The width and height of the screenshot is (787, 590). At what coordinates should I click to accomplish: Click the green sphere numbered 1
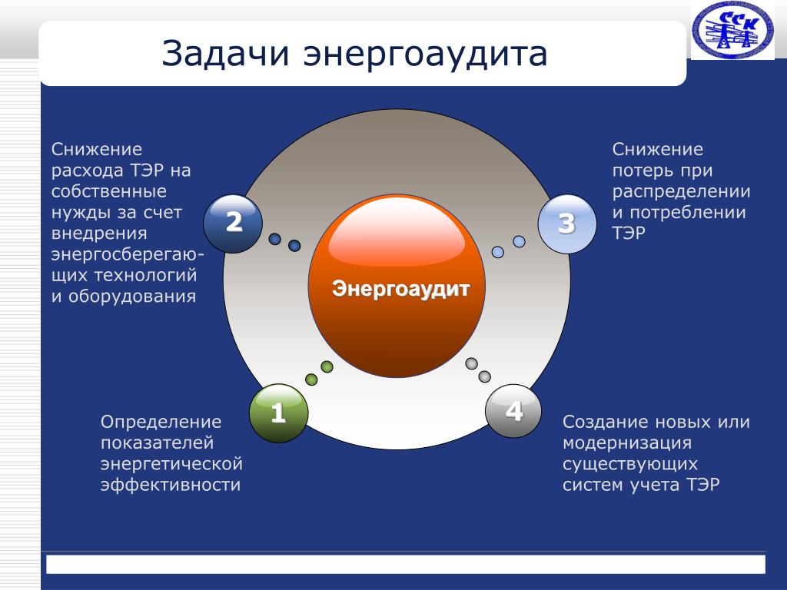pos(278,413)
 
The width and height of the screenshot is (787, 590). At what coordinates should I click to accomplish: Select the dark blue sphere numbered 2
pos(233,224)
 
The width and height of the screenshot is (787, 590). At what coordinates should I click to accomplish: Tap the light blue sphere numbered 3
pos(567,224)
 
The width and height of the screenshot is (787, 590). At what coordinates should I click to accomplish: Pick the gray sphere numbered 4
pos(513,411)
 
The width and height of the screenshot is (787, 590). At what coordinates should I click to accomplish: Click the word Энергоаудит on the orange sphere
pos(400,289)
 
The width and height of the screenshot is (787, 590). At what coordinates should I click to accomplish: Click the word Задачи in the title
pos(225,54)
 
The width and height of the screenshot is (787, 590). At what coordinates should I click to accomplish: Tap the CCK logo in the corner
pos(732,29)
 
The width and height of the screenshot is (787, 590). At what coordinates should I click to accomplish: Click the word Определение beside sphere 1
pos(161,422)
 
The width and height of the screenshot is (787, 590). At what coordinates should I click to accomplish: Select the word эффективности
pos(171,485)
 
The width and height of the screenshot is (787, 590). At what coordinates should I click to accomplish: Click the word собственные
pos(109,191)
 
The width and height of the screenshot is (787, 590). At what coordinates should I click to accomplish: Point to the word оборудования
pos(132,296)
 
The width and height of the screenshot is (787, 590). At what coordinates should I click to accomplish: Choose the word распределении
pos(681,191)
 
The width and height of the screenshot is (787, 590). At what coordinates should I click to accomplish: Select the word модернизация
pos(627,443)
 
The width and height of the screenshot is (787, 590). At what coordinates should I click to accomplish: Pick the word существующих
pos(630,464)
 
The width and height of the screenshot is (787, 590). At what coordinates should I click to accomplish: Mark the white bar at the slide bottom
pos(406,564)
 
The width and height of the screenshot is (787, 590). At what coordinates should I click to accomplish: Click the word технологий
pos(145,275)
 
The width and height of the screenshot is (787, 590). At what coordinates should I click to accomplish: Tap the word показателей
pos(157,443)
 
